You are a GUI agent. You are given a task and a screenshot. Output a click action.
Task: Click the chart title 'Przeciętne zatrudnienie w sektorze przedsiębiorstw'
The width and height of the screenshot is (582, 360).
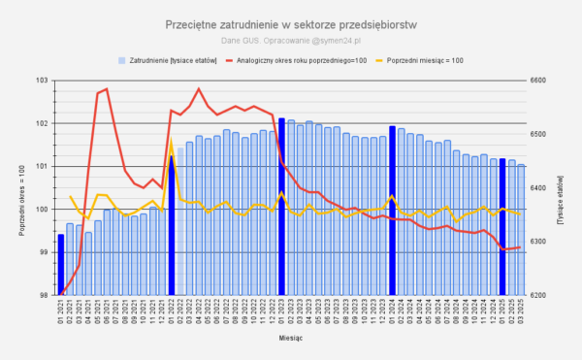pyautogui.click(x=291, y=23)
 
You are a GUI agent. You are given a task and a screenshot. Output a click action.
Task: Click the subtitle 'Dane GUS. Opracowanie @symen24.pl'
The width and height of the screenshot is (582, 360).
pyautogui.click(x=291, y=40)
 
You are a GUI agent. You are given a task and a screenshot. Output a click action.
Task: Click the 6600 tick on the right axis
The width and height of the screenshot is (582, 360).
pyautogui.click(x=538, y=81)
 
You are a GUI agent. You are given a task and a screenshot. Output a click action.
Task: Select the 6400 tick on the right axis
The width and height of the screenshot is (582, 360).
pyautogui.click(x=538, y=188)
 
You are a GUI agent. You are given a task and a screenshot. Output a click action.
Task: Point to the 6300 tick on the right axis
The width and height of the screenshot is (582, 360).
pyautogui.click(x=538, y=242)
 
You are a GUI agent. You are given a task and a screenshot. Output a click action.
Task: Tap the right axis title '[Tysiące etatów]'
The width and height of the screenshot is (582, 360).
pyautogui.click(x=563, y=187)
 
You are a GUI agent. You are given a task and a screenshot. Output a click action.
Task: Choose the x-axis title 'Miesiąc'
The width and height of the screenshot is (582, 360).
pyautogui.click(x=291, y=339)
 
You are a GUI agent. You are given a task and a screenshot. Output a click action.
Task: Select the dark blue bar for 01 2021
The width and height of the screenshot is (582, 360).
pyautogui.click(x=61, y=264)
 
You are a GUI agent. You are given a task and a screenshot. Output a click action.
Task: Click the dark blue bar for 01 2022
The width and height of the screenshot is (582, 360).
pyautogui.click(x=172, y=225)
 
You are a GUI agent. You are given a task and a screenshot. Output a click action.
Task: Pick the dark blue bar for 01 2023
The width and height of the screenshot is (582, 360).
pyautogui.click(x=281, y=207)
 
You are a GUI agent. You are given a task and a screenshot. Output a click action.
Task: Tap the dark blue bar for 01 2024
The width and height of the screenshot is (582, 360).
pyautogui.click(x=392, y=211)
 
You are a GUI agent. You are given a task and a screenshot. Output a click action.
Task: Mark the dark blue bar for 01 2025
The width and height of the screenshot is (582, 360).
pyautogui.click(x=502, y=226)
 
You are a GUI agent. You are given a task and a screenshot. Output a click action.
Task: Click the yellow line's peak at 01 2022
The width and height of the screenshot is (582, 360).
pyautogui.click(x=172, y=141)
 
